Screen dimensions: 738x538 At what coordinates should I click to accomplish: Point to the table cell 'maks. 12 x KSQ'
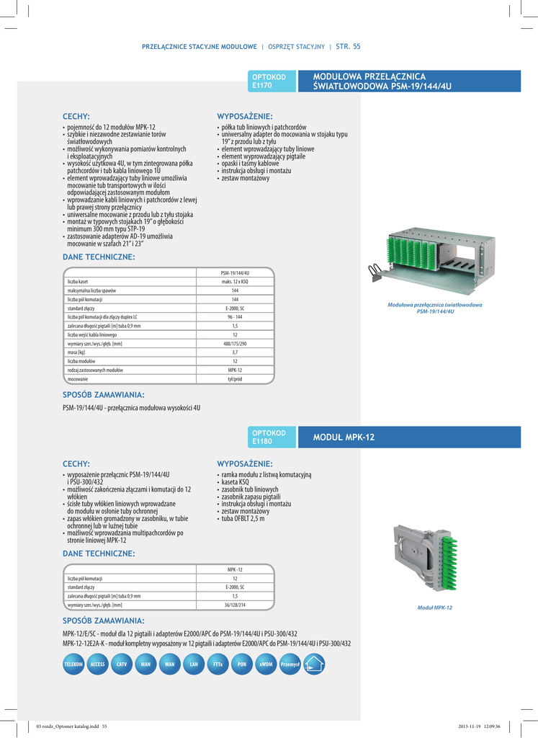235,282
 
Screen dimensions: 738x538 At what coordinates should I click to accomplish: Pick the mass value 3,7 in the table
235,352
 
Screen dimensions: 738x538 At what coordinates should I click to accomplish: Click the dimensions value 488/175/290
235,344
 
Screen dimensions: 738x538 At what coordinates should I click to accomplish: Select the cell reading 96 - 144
235,317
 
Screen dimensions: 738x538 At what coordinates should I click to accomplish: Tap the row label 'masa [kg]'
76,352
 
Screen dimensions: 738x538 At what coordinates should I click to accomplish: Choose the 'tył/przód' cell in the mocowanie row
235,378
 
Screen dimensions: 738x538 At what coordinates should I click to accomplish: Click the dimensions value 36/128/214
235,605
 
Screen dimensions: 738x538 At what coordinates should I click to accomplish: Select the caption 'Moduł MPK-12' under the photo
435,608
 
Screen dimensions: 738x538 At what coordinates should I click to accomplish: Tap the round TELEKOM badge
74,664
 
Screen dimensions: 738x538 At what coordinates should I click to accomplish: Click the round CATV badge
122,664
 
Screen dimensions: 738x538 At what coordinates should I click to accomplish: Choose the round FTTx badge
218,664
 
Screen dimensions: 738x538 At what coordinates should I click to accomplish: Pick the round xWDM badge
266,664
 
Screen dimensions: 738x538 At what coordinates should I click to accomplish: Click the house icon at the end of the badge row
314,664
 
